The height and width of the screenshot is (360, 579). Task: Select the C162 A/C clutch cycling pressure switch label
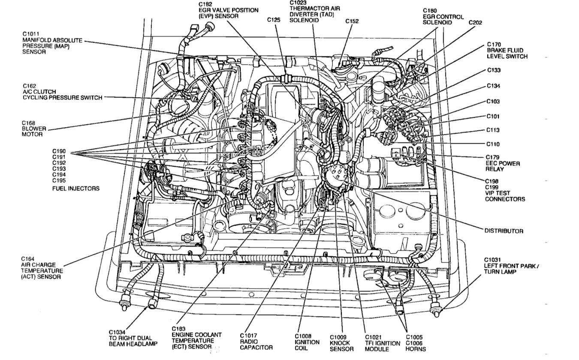[x=62, y=94]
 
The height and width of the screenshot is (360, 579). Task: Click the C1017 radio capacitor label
[x=256, y=341]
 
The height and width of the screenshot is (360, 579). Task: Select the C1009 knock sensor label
[x=342, y=343]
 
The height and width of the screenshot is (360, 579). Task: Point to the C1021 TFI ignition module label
[x=383, y=343]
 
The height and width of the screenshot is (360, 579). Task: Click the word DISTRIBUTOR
[x=504, y=231]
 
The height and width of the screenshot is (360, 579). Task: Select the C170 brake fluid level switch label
[x=507, y=50]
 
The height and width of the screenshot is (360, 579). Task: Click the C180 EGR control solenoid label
[x=443, y=16]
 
